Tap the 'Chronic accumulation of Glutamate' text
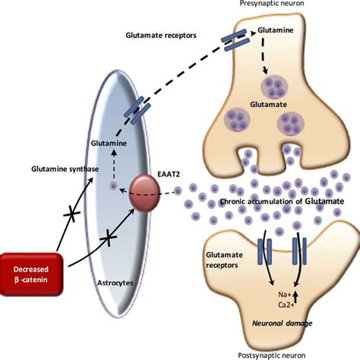[x=277, y=201]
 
